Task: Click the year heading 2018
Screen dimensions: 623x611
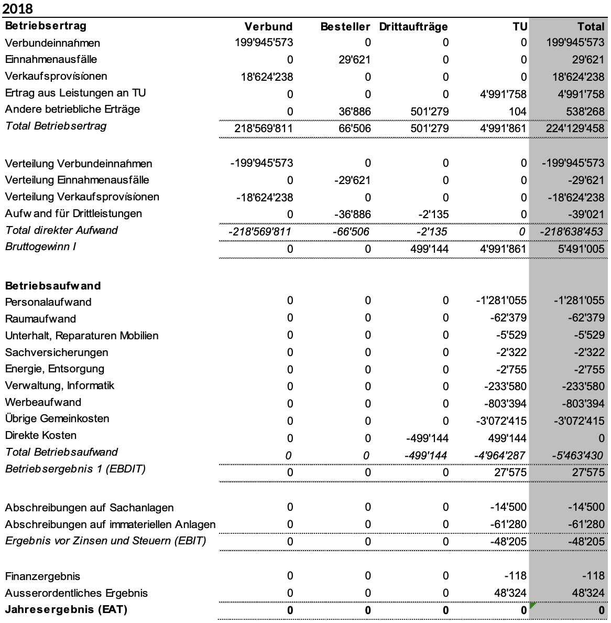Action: (17, 9)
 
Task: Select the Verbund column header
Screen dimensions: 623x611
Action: (268, 27)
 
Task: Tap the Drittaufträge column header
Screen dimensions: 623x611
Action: (413, 27)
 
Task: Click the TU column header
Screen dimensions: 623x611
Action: (520, 27)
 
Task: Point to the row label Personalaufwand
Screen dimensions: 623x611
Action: (48, 302)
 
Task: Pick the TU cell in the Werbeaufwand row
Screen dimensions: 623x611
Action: (505, 404)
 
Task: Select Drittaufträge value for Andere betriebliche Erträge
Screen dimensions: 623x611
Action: (430, 111)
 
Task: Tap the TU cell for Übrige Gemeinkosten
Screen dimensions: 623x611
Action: (502, 421)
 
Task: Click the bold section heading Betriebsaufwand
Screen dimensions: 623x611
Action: (53, 286)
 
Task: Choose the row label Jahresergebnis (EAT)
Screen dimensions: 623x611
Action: (66, 609)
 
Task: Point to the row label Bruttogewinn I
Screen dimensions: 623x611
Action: (40, 246)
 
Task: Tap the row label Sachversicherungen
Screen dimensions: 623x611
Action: (57, 352)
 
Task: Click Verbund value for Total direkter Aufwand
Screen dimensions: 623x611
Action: (260, 232)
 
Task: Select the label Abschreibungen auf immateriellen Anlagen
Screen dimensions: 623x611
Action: (110, 524)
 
